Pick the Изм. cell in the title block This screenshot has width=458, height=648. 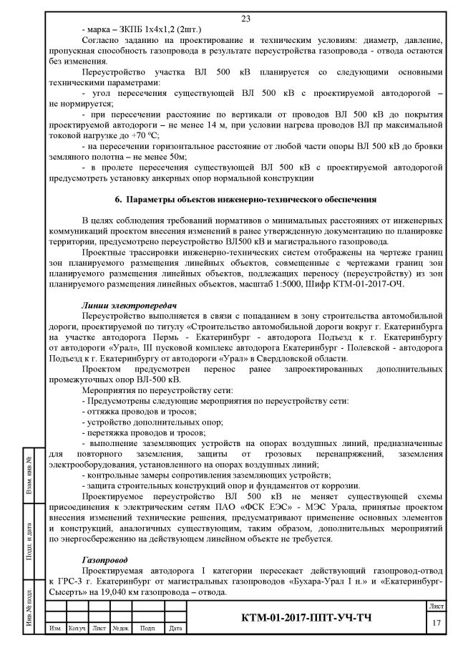[54, 630]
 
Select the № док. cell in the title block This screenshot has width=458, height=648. [120, 630]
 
